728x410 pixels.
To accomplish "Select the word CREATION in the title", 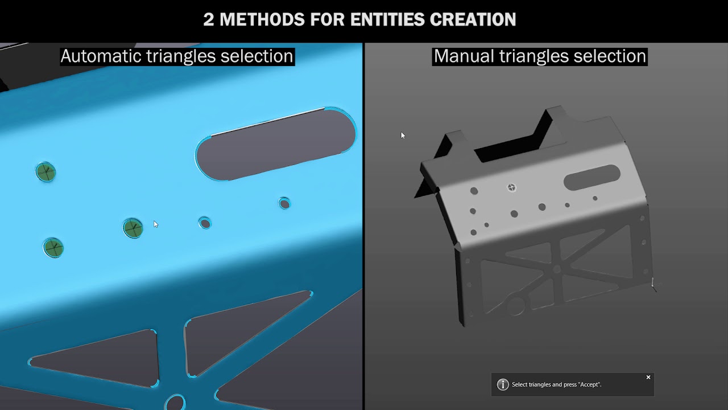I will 473,19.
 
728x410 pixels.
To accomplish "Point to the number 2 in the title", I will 209,19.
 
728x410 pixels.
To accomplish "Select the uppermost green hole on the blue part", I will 45,171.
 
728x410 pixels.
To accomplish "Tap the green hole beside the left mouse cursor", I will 133,228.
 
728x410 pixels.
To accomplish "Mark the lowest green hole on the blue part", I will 53,248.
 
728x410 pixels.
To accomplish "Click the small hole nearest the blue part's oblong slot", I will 284,203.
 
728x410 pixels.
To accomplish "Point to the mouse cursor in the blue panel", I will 155,224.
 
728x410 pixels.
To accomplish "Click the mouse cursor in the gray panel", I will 402,135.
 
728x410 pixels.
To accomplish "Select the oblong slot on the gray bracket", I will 591,178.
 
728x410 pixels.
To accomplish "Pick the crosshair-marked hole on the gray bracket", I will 511,187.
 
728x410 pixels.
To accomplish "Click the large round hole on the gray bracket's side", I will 516,306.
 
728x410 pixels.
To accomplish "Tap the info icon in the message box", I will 503,384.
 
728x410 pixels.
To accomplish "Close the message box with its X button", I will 648,377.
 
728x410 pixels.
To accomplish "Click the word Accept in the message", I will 589,384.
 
